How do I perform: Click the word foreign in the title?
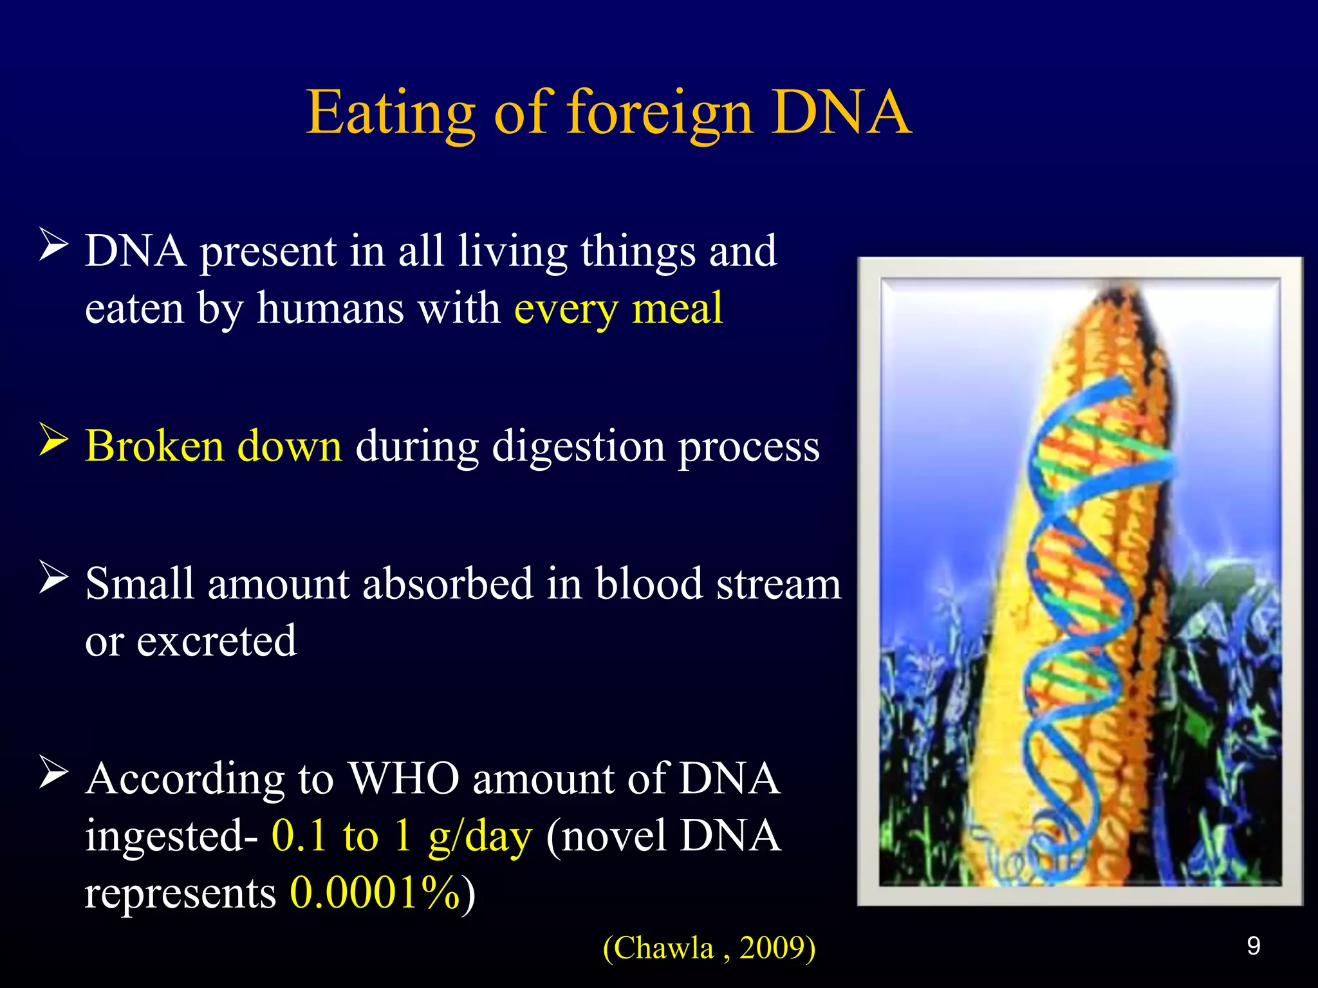click(x=659, y=113)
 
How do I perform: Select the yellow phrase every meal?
click(x=618, y=309)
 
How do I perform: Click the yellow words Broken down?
click(x=213, y=446)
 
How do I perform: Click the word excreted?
click(x=216, y=641)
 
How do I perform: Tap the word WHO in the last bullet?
click(x=404, y=779)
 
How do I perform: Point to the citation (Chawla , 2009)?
click(x=709, y=948)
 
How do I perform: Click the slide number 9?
click(x=1253, y=946)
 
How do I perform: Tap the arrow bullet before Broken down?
click(x=53, y=440)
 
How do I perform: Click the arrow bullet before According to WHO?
click(x=53, y=772)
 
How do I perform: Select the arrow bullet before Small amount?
click(x=53, y=577)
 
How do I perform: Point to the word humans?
click(x=330, y=309)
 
